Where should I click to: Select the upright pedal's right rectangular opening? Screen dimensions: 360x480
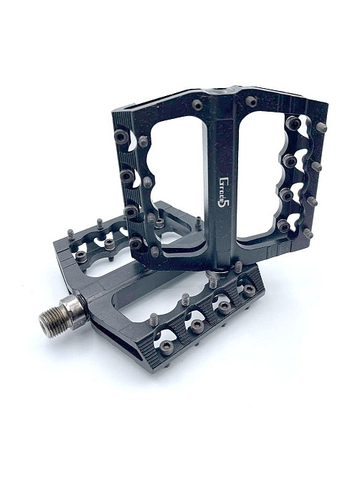(x=260, y=174)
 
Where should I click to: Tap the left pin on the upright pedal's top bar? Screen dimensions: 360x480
(x=197, y=105)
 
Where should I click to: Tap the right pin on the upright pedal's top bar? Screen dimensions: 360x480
(x=251, y=101)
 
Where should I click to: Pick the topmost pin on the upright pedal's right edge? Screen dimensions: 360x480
(x=321, y=127)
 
